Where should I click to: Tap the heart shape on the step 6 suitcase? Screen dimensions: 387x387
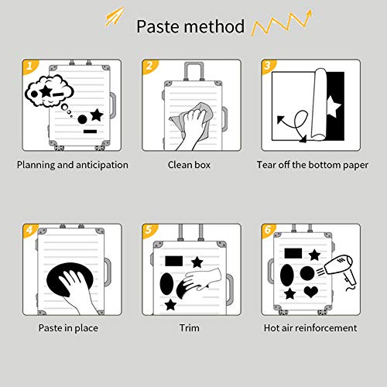tap(311, 292)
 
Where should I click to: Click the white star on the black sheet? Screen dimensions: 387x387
tap(334, 106)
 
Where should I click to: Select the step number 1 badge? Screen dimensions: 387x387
tap(30, 66)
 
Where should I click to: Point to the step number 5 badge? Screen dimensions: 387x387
tap(149, 230)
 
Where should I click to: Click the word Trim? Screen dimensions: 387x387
tap(190, 328)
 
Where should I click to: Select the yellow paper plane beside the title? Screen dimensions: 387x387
tap(115, 16)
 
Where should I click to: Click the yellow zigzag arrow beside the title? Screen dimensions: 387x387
tap(281, 23)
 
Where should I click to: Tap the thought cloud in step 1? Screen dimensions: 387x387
tap(49, 91)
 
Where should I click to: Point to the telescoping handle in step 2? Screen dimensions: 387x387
tap(193, 71)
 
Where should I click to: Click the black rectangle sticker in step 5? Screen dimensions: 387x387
tap(174, 261)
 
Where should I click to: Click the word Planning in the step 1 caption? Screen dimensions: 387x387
tap(36, 165)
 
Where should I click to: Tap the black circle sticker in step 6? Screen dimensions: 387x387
tap(307, 273)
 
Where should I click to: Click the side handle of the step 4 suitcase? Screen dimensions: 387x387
tap(108, 272)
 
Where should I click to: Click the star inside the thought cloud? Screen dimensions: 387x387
tap(46, 91)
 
